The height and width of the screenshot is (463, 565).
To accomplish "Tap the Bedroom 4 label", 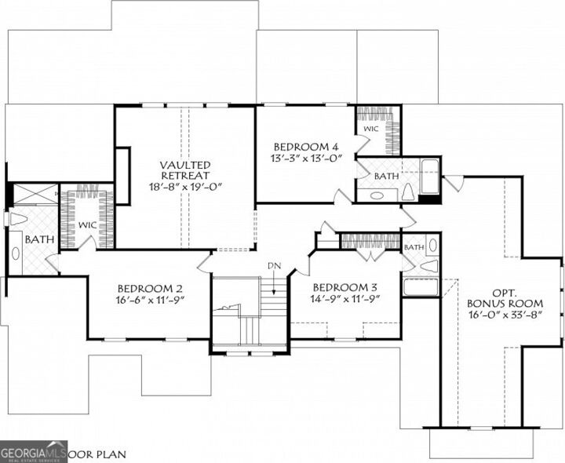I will click(x=305, y=147).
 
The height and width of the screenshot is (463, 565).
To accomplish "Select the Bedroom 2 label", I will click(x=150, y=288).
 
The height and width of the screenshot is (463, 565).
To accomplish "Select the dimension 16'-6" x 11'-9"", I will click(x=150, y=300).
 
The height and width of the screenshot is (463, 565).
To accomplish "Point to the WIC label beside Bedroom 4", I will click(x=371, y=128).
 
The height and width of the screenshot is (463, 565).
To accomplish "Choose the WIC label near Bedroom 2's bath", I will click(x=87, y=225).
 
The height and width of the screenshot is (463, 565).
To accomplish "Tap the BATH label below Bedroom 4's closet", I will click(x=386, y=177).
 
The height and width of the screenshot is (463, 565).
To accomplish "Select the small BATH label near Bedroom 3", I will click(x=414, y=248).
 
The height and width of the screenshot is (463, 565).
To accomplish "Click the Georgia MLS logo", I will click(x=32, y=451).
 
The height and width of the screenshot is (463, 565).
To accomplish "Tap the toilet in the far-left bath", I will click(x=17, y=219).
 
